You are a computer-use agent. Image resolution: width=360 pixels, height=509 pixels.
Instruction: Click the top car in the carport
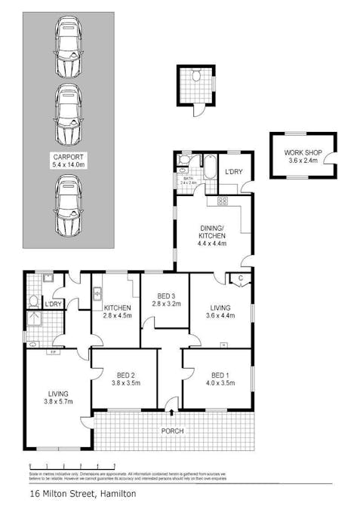click(68, 47)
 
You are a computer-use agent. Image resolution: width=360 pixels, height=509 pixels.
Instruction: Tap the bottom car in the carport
click(68, 205)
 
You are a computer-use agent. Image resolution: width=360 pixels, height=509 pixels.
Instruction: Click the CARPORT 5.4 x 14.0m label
click(69, 161)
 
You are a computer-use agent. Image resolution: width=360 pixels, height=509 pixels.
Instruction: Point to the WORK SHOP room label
click(303, 156)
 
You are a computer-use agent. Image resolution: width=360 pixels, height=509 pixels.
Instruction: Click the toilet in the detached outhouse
click(195, 76)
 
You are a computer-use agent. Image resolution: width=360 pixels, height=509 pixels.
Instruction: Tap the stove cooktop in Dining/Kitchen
click(223, 201)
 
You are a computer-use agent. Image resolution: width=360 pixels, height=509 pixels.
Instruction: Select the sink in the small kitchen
click(97, 293)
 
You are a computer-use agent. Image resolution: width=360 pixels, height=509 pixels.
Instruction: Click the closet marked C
click(239, 278)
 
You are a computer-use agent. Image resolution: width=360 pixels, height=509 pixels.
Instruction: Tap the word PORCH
click(172, 431)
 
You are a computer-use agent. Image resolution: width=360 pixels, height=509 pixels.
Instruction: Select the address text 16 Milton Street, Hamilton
click(83, 494)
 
